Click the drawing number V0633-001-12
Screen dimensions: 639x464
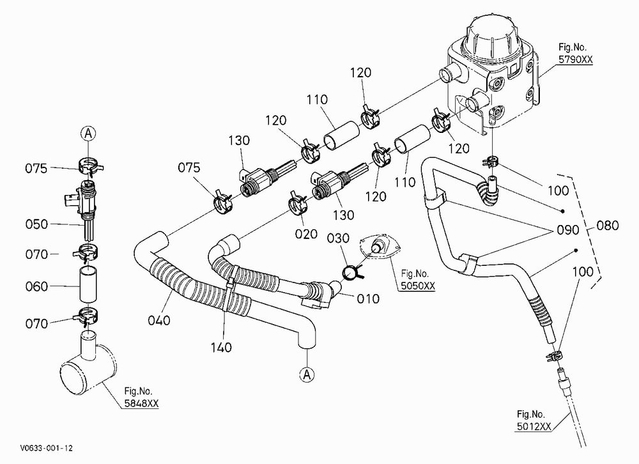pyautogui.click(x=46, y=448)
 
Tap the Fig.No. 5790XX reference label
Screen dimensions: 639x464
pyautogui.click(x=575, y=54)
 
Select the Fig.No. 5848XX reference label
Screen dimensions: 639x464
pyautogui.click(x=141, y=398)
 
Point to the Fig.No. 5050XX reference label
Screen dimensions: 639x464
pyautogui.click(x=417, y=280)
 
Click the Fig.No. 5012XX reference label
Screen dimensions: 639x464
pyautogui.click(x=534, y=421)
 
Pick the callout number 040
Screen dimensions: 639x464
pyautogui.click(x=159, y=320)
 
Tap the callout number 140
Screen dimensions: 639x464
pyautogui.click(x=221, y=348)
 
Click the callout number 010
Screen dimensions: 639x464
pyautogui.click(x=368, y=299)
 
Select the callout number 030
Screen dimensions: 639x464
pyautogui.click(x=338, y=238)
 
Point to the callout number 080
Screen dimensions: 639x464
pyautogui.click(x=607, y=226)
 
